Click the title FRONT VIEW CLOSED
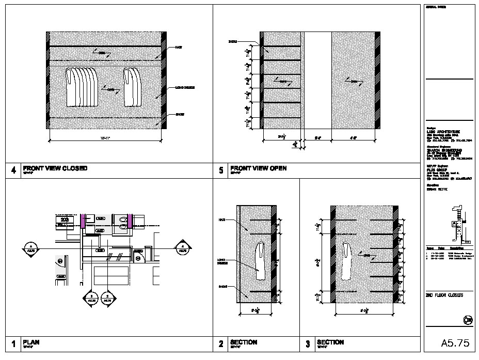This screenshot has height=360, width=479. pos(55,168)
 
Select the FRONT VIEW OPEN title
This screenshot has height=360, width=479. pos(258,168)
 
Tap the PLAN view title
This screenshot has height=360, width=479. pos(31,342)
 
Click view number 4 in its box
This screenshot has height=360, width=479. pos(12,170)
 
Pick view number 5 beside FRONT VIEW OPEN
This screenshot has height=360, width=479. pos(221,170)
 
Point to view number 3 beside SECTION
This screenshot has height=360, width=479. pos(308,344)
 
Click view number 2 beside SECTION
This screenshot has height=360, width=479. pos(221,344)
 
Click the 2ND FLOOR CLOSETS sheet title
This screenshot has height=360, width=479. pos(444,295)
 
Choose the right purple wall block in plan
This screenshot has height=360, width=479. pos(131,221)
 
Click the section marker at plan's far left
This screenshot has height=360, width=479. pos(31,248)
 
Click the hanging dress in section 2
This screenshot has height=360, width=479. pos(262,261)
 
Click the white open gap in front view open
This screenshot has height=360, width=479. pos(316,80)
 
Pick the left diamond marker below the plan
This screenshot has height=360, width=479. pos(92,298)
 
